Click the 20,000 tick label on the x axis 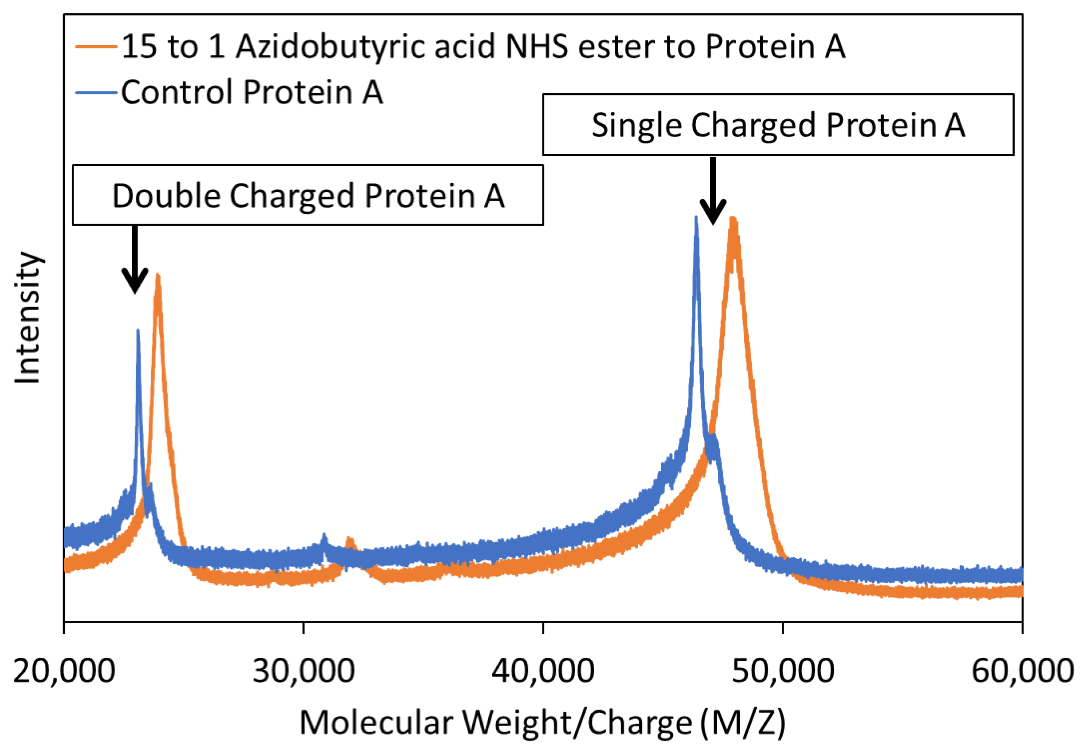(x=64, y=671)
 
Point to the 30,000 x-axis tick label (x=303, y=671)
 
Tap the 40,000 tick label (x=543, y=671)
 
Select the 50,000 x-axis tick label (x=782, y=671)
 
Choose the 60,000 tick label (x=1022, y=671)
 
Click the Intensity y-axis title (x=28, y=318)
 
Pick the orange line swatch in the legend (x=96, y=47)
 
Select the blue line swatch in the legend (x=96, y=93)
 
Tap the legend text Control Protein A (x=252, y=92)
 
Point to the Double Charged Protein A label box (x=308, y=195)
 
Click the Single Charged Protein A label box (x=778, y=125)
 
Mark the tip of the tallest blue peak (x=695, y=217)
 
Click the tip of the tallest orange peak (x=733, y=218)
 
